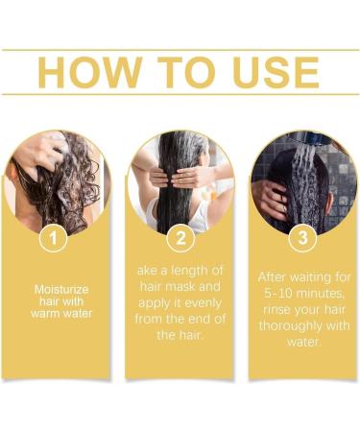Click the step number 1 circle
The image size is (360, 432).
[55, 235]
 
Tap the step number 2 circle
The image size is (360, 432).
[180, 235]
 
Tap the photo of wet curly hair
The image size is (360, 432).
[56, 178]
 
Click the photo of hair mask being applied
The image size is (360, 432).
[180, 178]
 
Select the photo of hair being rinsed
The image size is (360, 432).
[303, 178]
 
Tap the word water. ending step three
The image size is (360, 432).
[303, 339]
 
